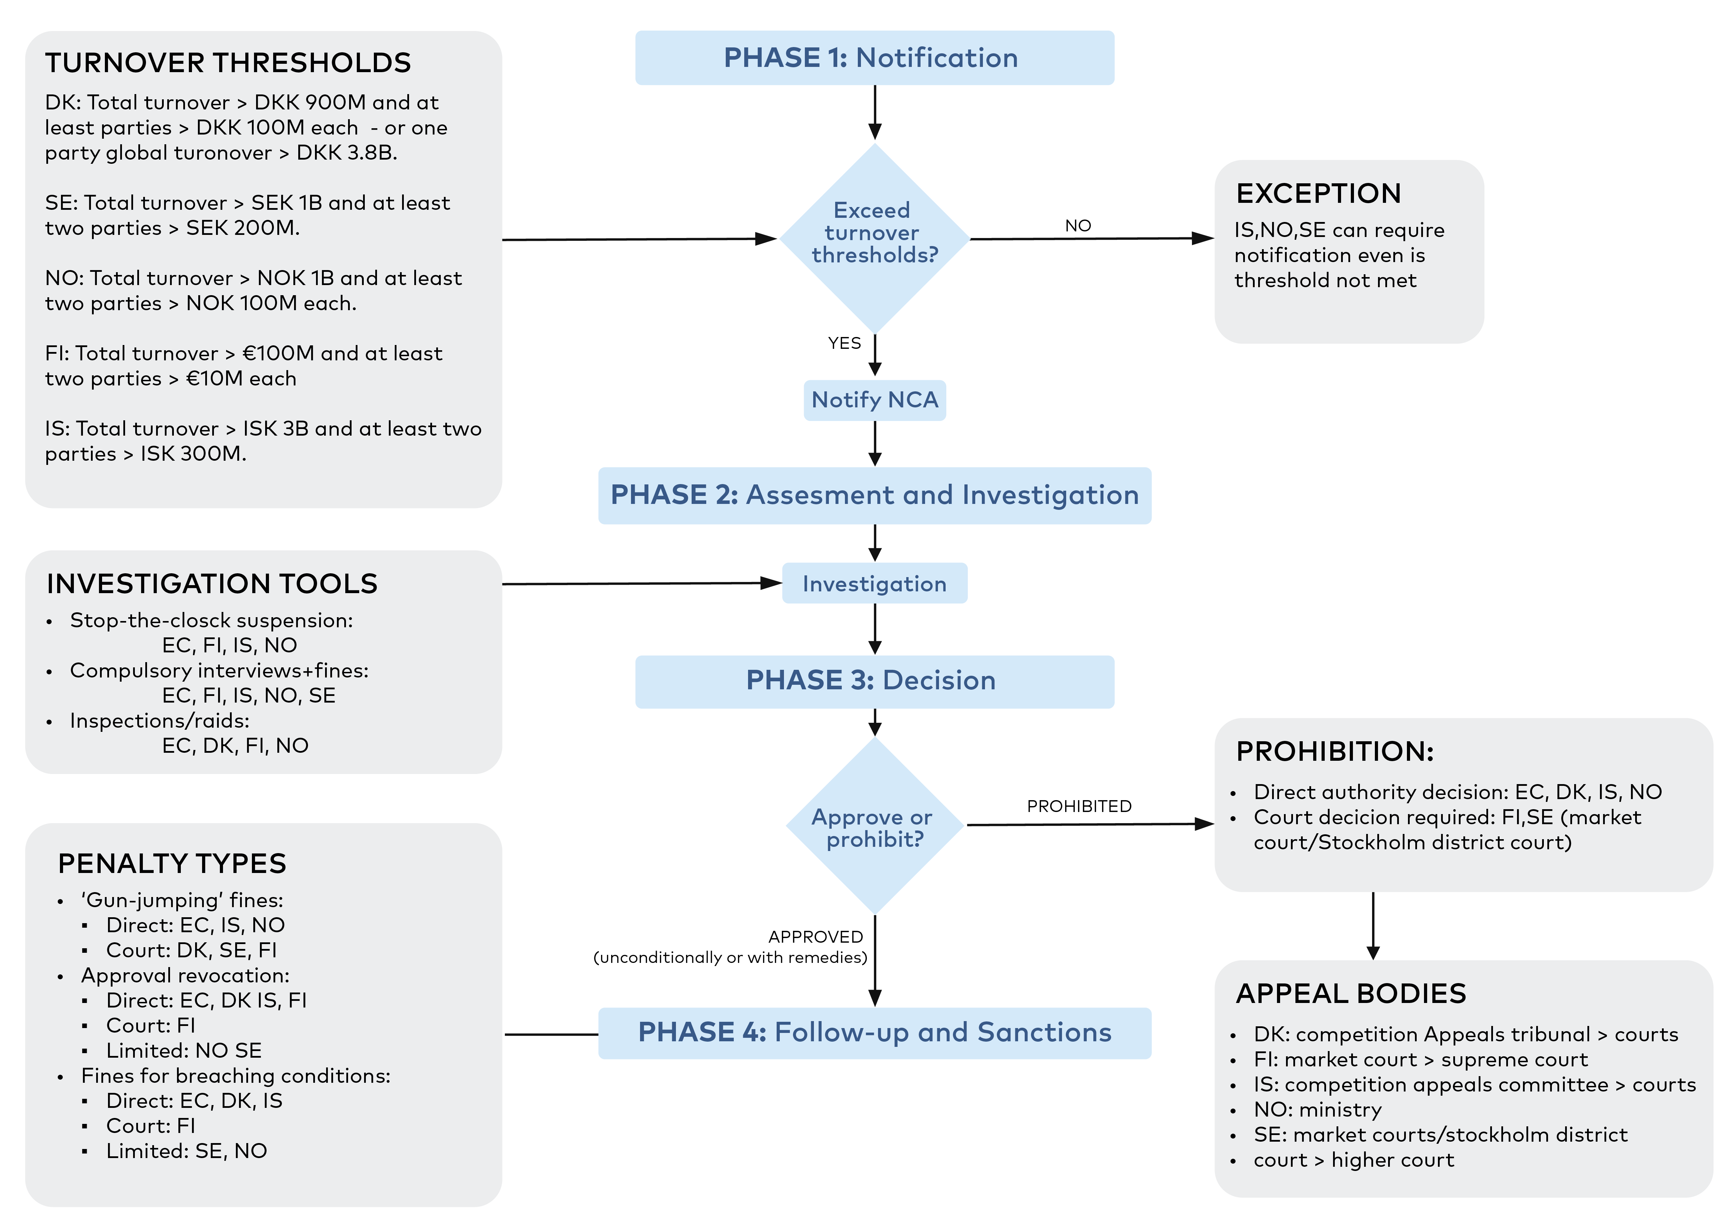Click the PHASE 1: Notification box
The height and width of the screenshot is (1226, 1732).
pos(875,58)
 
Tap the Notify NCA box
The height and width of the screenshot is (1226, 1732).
pos(875,400)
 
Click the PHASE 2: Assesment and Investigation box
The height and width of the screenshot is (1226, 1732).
pos(875,495)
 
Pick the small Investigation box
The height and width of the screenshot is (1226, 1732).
pos(875,584)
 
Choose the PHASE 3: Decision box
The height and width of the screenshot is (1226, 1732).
pos(875,681)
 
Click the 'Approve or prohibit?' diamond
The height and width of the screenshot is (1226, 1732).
pos(875,826)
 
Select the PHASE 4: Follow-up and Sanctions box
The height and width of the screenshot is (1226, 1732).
pos(875,1033)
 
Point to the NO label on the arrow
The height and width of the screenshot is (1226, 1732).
pos(1078,226)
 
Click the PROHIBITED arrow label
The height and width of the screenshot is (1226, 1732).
pos(1079,806)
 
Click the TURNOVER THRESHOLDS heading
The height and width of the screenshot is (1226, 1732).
pos(228,63)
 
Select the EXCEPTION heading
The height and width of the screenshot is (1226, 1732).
pos(1318,193)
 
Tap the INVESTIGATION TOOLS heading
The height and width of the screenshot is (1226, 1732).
pos(212,584)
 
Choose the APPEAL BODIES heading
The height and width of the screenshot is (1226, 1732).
pos(1351,994)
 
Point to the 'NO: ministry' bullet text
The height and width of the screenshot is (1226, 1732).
pos(1318,1110)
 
